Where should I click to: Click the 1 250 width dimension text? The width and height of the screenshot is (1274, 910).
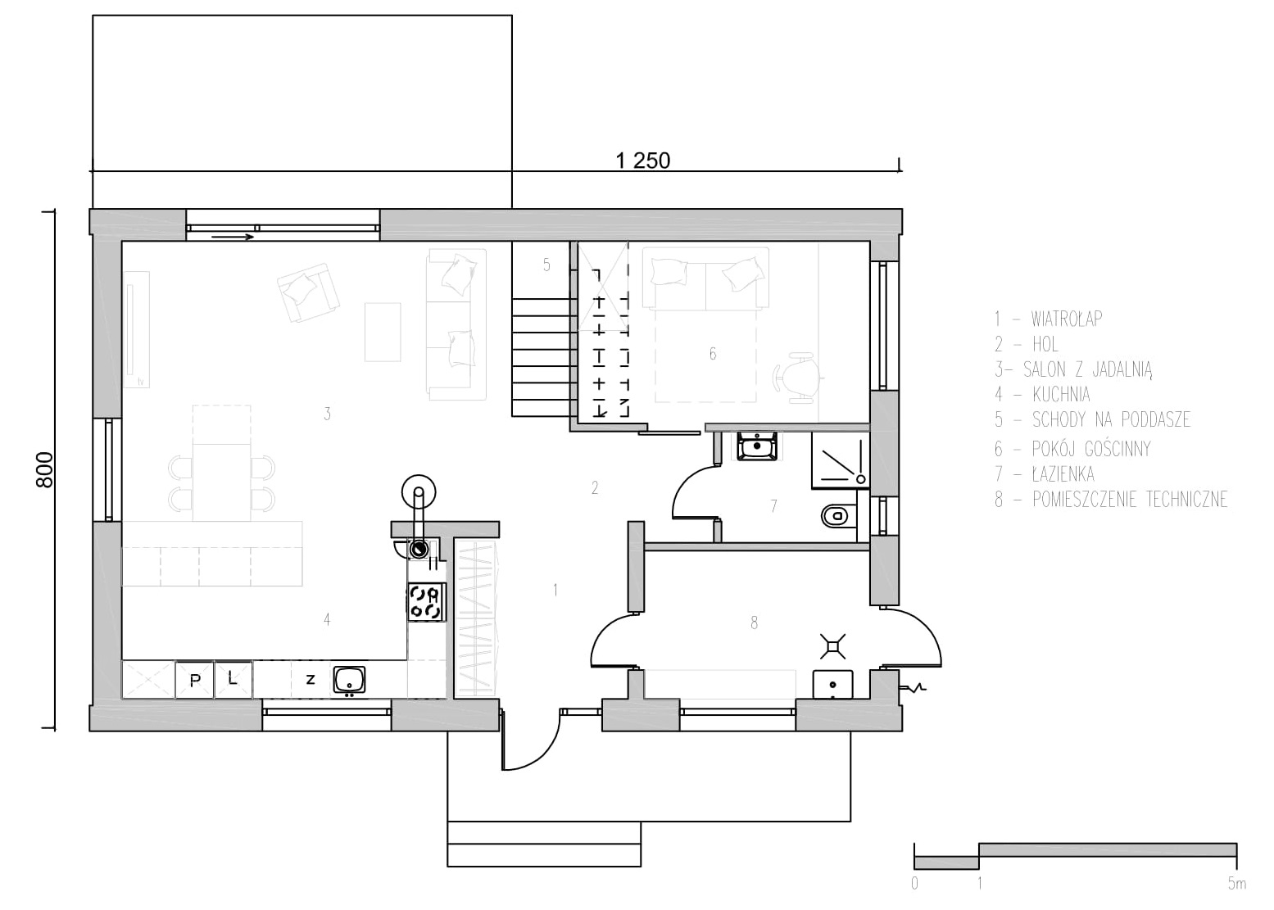click(642, 161)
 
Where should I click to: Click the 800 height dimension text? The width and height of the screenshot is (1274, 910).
click(44, 470)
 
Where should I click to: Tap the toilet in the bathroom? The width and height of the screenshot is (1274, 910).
click(838, 516)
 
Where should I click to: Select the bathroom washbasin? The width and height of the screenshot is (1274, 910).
click(756, 446)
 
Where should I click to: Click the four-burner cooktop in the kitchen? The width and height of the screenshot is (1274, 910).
click(427, 602)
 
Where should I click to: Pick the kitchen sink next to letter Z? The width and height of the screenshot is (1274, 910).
click(349, 680)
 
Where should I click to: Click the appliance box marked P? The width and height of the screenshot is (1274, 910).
click(194, 680)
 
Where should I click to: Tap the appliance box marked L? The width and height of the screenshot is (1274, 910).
click(233, 680)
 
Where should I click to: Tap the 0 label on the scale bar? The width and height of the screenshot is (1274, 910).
click(914, 884)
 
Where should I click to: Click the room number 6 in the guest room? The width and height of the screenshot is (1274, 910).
click(713, 354)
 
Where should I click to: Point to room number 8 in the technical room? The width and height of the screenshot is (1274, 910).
click(755, 623)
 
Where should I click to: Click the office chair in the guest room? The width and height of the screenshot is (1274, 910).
click(797, 378)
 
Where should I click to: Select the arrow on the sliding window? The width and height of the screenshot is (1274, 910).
click(232, 237)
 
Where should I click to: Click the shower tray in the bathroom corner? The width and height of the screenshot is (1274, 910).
click(841, 460)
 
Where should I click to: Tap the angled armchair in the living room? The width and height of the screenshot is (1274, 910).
click(308, 292)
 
